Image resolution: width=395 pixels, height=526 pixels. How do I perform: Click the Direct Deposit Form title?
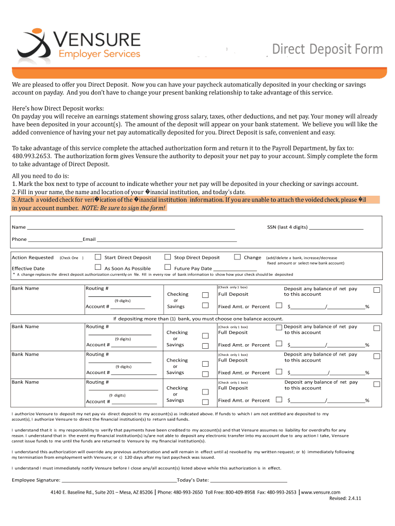point(327,49)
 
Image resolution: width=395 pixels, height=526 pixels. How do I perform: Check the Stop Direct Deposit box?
point(167,257)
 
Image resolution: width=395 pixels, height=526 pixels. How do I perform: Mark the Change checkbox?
point(237,257)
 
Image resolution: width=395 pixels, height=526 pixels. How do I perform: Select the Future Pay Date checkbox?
point(167,267)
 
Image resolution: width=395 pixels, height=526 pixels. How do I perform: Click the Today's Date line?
point(249,481)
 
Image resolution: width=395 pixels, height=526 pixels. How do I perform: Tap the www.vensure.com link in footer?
point(321,492)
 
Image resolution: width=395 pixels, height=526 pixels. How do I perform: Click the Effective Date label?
point(28,269)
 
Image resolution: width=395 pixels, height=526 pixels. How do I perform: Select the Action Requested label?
point(32,258)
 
